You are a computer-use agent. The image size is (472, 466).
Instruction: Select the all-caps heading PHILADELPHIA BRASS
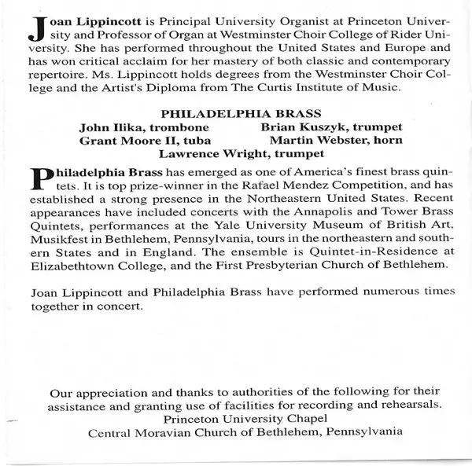[x=240, y=113]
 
